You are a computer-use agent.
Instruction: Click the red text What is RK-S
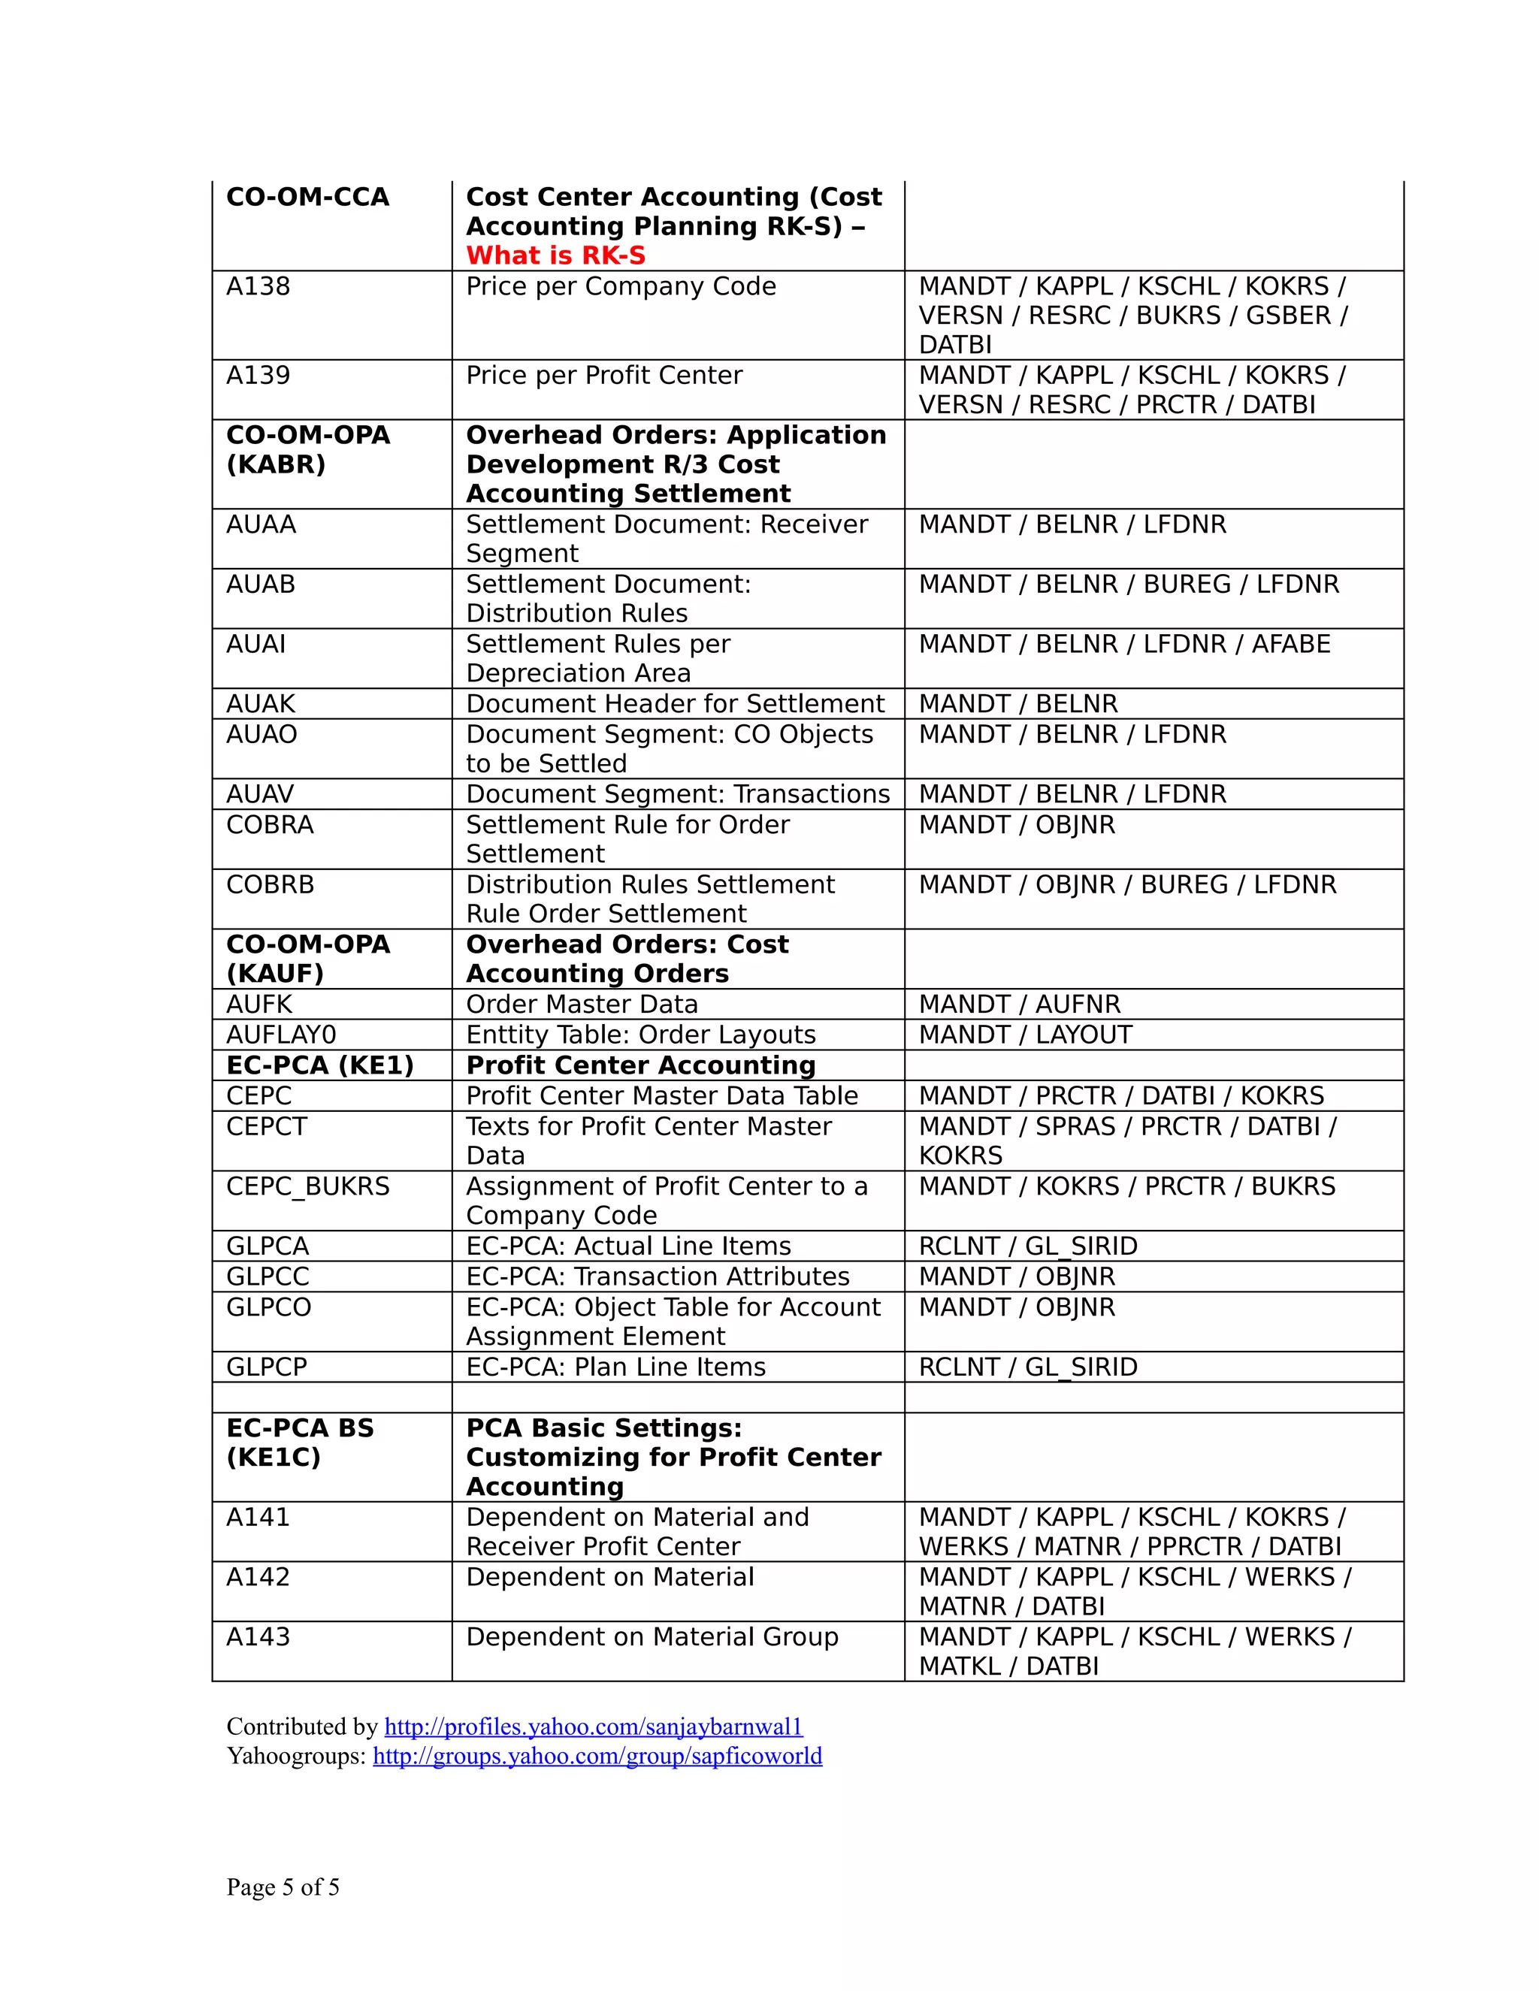(x=555, y=255)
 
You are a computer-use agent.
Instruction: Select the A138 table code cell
(x=258, y=286)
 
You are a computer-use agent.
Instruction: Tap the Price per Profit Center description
(x=603, y=376)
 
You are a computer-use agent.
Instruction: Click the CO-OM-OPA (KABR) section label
(x=307, y=449)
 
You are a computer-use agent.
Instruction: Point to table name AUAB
(x=261, y=585)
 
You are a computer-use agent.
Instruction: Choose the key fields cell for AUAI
(x=1123, y=645)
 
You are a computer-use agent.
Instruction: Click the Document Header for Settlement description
(x=675, y=704)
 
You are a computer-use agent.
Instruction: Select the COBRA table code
(x=270, y=825)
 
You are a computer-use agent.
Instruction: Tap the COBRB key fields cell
(x=1127, y=885)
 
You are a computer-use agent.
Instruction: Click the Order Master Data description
(x=582, y=1005)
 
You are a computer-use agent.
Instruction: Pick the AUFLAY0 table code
(x=281, y=1035)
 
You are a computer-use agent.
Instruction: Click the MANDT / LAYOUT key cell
(x=1025, y=1035)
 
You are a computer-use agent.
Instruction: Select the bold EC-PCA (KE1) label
(x=320, y=1065)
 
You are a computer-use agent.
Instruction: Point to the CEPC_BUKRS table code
(x=307, y=1187)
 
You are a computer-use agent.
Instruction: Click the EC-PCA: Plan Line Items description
(x=615, y=1367)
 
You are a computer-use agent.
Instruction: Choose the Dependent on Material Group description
(x=652, y=1637)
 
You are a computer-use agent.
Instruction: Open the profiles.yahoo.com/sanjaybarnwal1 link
(x=593, y=1727)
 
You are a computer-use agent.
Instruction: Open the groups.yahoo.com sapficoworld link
(x=597, y=1756)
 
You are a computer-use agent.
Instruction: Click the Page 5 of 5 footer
(x=283, y=1887)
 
